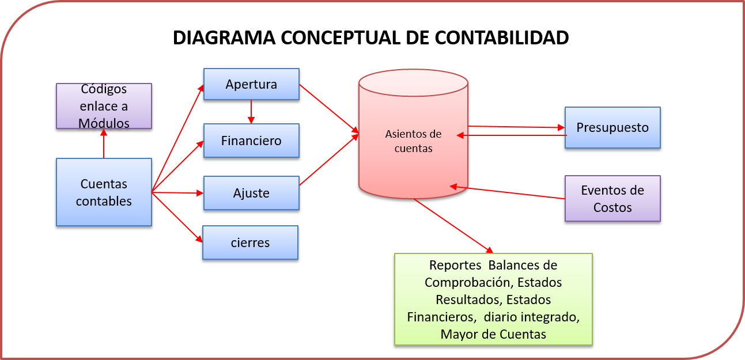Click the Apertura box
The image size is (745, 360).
coord(251,84)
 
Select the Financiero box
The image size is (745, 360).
coord(251,141)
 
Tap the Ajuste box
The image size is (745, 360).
coord(251,193)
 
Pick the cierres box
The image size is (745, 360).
coord(250,242)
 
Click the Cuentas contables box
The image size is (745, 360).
coord(104,192)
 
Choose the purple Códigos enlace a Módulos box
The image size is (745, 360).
coord(104,106)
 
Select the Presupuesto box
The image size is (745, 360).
coord(612,127)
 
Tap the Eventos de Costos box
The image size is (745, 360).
coord(612,199)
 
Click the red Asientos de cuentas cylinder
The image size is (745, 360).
coord(413,141)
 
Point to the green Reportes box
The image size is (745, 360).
coord(493,299)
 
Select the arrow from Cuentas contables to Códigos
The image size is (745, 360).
coord(104,143)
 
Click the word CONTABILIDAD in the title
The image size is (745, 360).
coord(501,37)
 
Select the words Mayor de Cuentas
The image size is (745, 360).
coord(493,334)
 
